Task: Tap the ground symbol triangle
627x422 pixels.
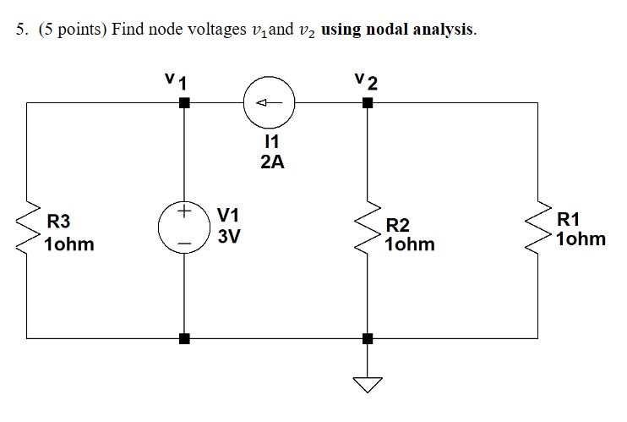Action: tap(367, 385)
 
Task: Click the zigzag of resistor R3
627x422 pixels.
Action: tap(27, 227)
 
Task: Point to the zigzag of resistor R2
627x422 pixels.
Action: tap(367, 230)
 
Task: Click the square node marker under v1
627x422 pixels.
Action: tap(184, 103)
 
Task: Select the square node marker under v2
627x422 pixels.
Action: tap(367, 103)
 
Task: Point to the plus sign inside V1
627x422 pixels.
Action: tap(184, 212)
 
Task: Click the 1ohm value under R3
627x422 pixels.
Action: tap(69, 245)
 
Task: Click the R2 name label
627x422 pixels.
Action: tap(397, 225)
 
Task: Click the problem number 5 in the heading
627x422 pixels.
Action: tap(20, 30)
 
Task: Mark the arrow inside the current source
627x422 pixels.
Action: tap(266, 103)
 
